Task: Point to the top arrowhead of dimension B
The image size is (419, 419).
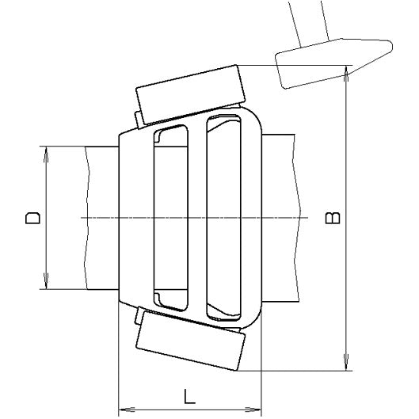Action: coord(346,71)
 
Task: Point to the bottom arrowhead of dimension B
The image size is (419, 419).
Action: coord(346,365)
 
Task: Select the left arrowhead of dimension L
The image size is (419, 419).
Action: coord(122,409)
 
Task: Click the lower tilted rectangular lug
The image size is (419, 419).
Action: coord(189,346)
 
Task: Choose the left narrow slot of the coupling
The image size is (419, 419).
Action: coord(170,217)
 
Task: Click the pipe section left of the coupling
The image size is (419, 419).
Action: coord(101,217)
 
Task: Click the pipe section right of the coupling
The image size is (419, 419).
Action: coord(281,217)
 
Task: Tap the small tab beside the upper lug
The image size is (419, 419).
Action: coord(139,118)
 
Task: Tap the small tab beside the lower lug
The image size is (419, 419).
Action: coord(140,317)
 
